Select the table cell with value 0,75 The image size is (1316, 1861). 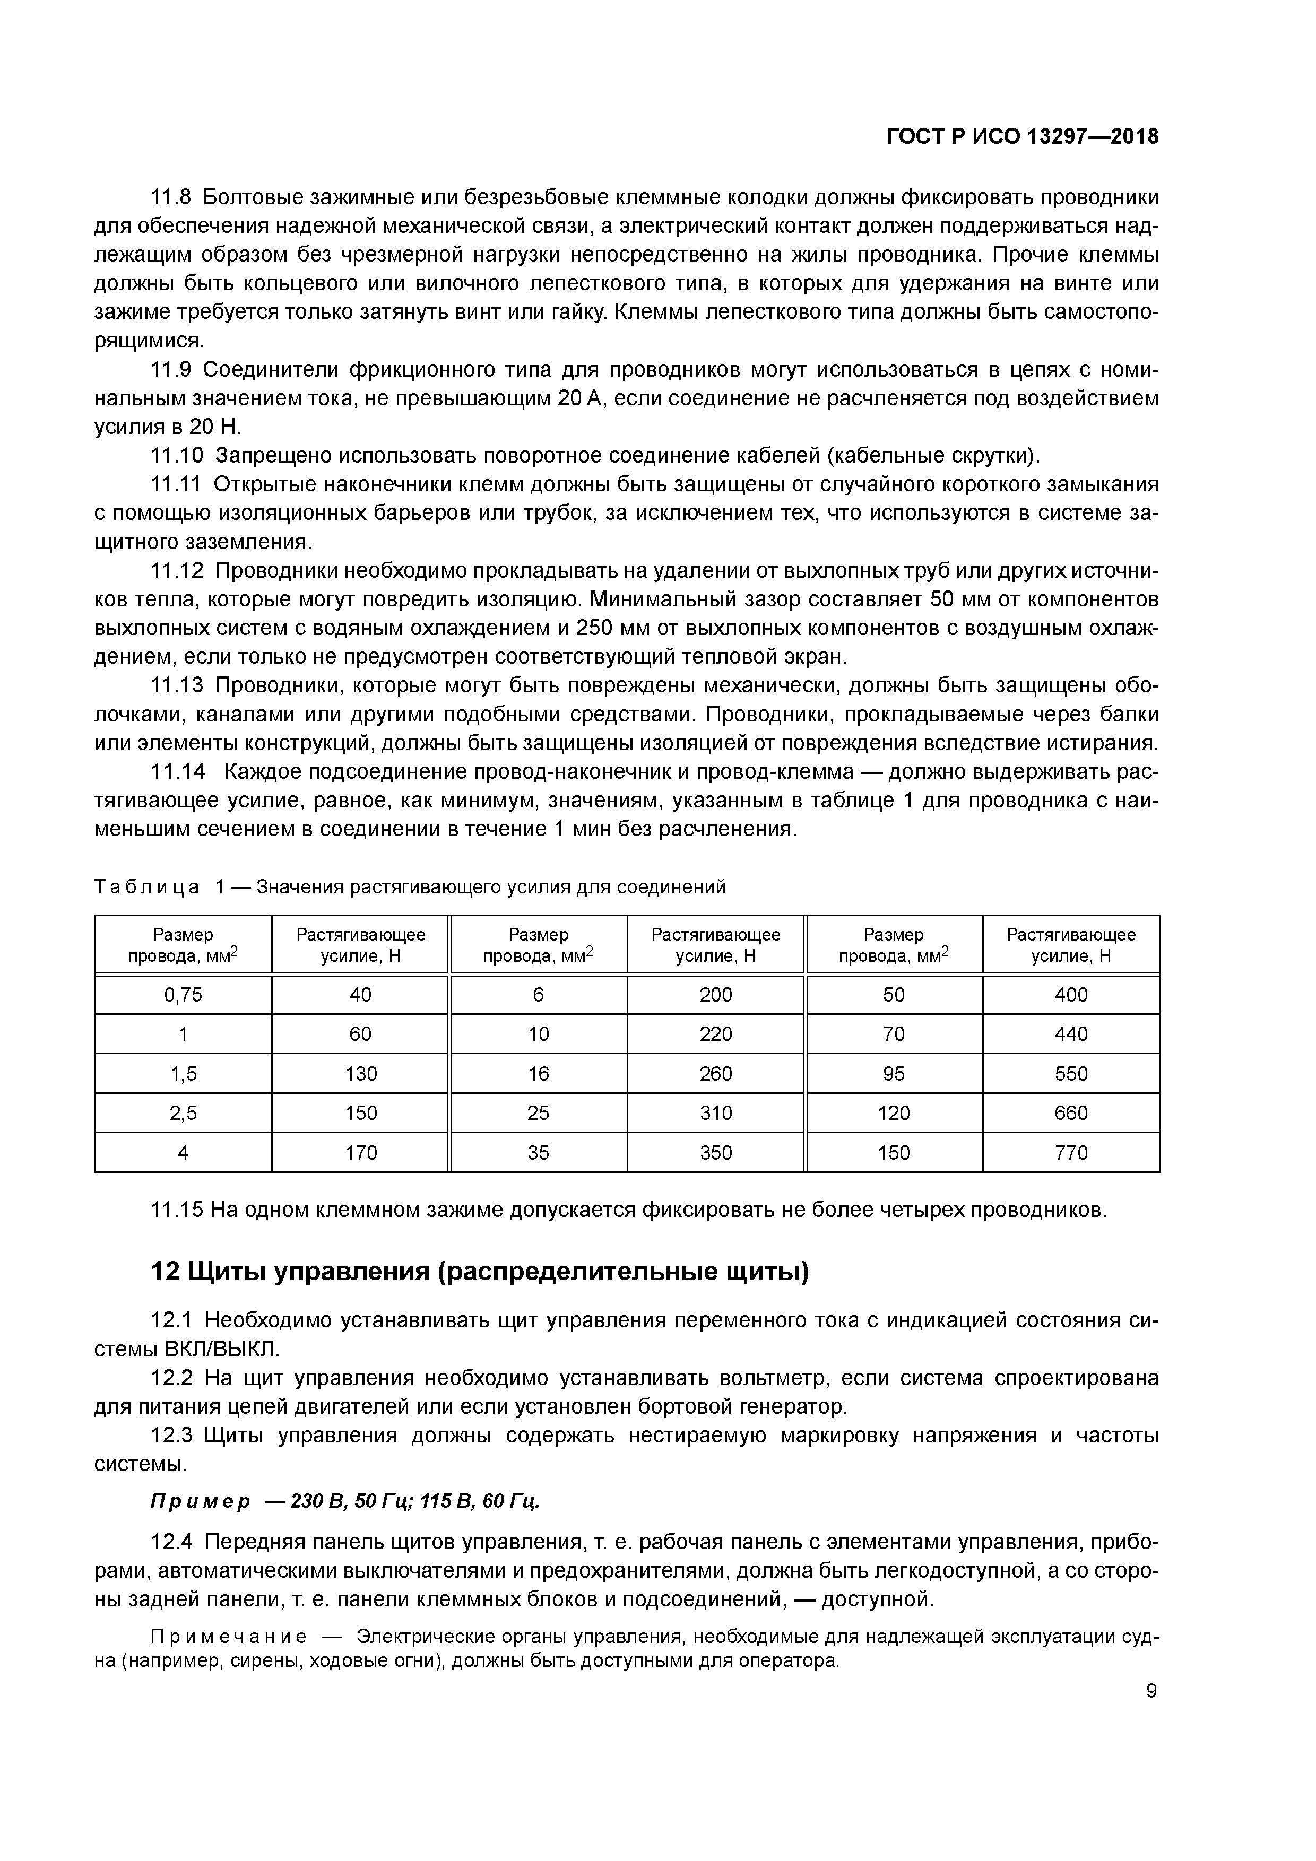(x=183, y=995)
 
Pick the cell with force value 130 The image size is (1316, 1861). (x=361, y=1073)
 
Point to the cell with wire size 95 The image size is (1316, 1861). (x=894, y=1073)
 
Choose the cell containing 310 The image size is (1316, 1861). (x=715, y=1113)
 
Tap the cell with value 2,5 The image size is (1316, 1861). (x=183, y=1113)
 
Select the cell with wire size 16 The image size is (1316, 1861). (x=539, y=1073)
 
